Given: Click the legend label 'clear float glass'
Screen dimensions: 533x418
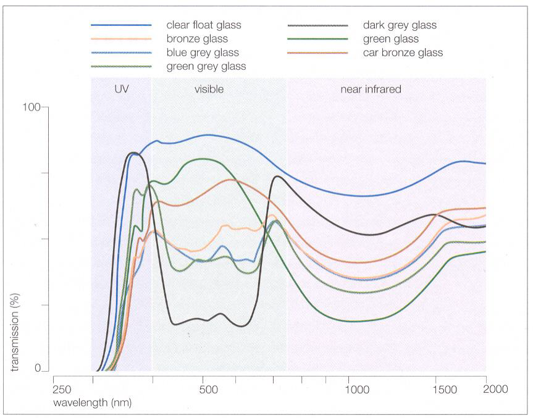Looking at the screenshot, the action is (x=204, y=25).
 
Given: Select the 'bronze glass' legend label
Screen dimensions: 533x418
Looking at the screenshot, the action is (x=197, y=39).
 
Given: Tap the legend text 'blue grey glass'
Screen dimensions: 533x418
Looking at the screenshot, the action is (x=203, y=52).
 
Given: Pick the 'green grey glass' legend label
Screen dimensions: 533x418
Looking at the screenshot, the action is (x=206, y=66).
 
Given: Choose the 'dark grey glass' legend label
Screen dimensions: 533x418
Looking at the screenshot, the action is (x=400, y=25).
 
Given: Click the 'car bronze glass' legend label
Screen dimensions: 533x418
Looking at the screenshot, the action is (x=403, y=52).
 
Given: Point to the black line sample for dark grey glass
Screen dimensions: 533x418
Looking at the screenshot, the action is (x=318, y=25).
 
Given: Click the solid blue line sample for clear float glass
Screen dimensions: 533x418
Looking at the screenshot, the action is (x=121, y=25).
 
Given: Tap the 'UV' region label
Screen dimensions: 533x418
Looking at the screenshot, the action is (x=122, y=89).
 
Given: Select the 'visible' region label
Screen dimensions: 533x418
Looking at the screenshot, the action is (x=209, y=89).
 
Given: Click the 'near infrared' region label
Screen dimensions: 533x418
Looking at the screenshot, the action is (x=371, y=89).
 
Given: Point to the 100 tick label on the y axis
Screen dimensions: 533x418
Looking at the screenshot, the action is (x=31, y=107).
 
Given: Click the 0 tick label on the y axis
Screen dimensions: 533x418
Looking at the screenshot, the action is (x=38, y=368).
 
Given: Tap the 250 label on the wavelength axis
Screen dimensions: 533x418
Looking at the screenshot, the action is (x=62, y=390).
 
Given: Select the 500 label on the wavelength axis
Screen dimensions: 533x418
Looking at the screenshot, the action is (x=208, y=389).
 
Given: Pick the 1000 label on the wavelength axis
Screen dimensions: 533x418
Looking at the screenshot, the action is (x=357, y=389).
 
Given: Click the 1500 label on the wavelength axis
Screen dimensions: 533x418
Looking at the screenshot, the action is (x=445, y=389).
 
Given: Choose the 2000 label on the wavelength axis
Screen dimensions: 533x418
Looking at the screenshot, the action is (x=495, y=389).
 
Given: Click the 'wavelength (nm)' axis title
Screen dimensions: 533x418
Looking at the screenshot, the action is (x=92, y=403).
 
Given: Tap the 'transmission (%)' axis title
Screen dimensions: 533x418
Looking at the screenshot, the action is (x=15, y=332).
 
